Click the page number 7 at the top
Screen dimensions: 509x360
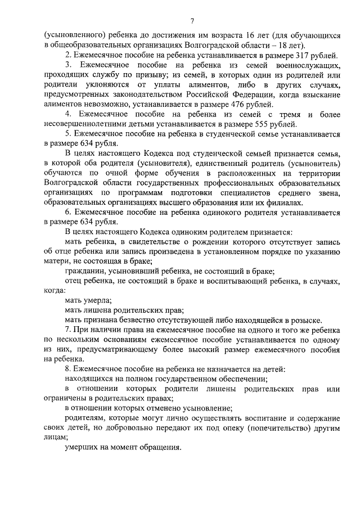pos(192,21)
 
